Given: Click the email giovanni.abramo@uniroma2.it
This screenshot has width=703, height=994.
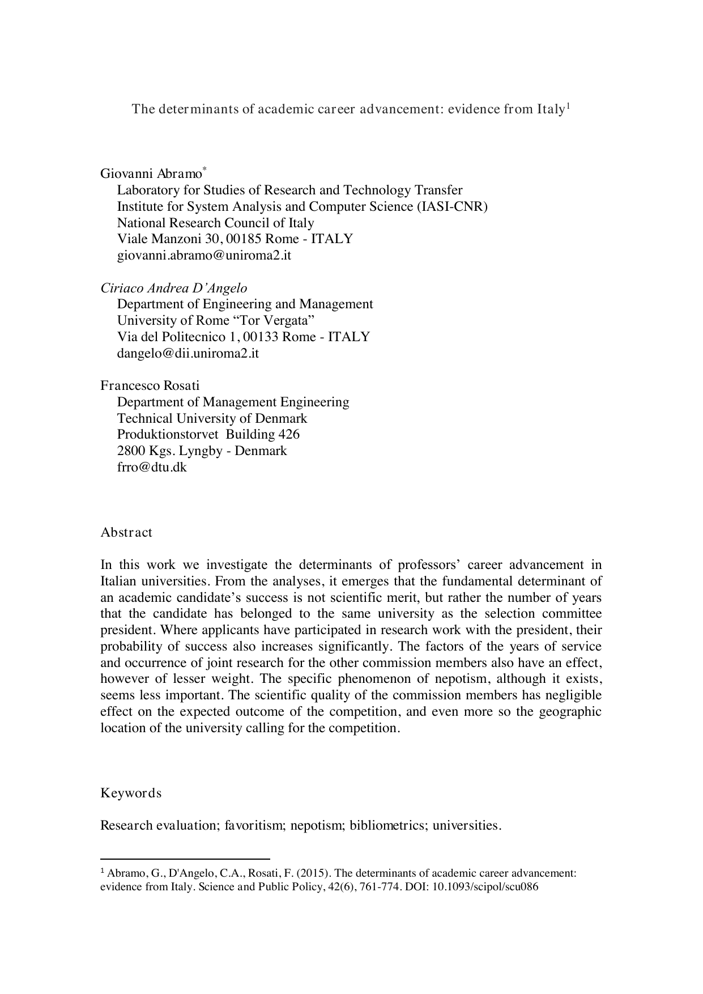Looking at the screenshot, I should point(204,255).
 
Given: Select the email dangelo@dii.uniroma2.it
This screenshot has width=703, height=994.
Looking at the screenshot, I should point(188,353).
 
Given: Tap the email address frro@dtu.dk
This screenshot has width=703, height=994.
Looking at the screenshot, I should point(151,468).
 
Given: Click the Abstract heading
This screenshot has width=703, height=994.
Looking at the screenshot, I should point(126,533).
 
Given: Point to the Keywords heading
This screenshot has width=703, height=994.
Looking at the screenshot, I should point(131,793).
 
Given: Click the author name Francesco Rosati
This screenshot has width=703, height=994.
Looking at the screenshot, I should point(150,386).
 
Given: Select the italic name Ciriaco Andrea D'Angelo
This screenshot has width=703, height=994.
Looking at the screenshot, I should point(174,288).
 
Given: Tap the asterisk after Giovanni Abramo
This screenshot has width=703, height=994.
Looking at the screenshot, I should point(204,169).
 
